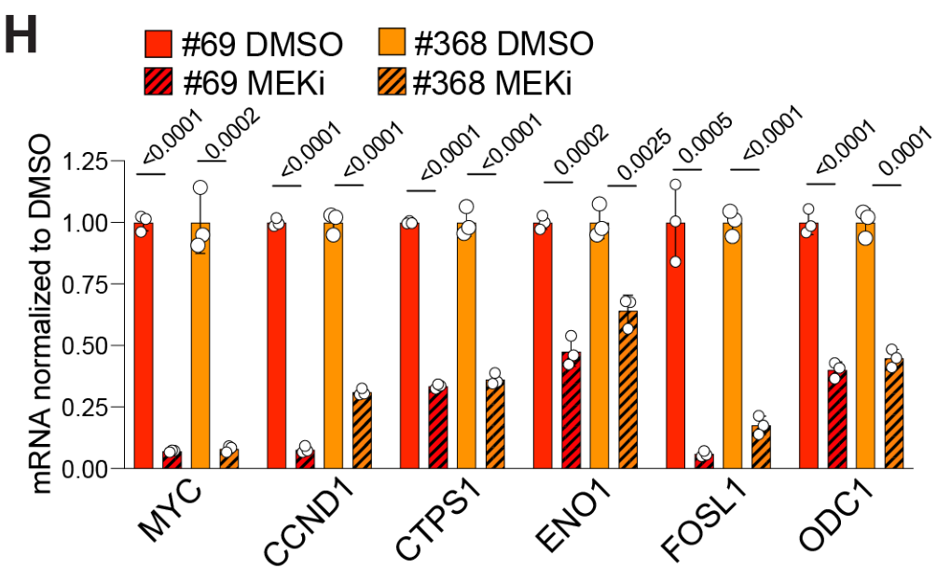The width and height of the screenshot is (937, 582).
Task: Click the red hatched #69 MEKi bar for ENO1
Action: pyautogui.click(x=571, y=409)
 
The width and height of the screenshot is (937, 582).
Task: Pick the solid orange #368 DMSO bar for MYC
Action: pyautogui.click(x=200, y=345)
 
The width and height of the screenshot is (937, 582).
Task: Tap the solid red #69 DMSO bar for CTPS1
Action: pyautogui.click(x=409, y=345)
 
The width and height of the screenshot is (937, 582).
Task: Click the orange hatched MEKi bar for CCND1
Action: pyautogui.click(x=362, y=429)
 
